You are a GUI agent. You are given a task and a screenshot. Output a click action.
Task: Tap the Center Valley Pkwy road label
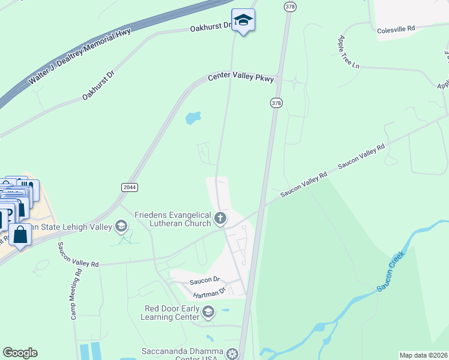pyautogui.click(x=241, y=78)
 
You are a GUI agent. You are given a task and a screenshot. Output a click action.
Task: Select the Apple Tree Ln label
pyautogui.click(x=348, y=52)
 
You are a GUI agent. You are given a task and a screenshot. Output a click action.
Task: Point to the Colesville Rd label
pyautogui.click(x=396, y=29)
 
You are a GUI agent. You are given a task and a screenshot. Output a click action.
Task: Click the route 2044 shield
pyautogui.click(x=129, y=187)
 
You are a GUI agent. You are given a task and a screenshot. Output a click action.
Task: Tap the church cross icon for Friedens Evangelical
pyautogui.click(x=220, y=218)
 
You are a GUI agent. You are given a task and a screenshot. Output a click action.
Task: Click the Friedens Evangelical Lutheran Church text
pyautogui.click(x=173, y=219)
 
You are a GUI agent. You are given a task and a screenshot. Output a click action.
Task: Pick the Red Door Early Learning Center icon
pyautogui.click(x=208, y=312)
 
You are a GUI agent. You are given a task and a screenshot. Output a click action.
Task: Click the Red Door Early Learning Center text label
pyautogui.click(x=172, y=313)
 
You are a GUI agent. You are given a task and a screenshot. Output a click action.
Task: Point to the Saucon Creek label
pyautogui.click(x=391, y=271)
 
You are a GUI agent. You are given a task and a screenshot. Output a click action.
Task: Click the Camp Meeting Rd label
pyautogui.click(x=74, y=298)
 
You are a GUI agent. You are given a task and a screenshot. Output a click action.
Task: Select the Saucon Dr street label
pyautogui.click(x=205, y=280)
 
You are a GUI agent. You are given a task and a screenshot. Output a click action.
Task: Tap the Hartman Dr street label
pyautogui.click(x=209, y=293)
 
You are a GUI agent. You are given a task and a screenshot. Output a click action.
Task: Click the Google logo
pyautogui.click(x=20, y=353)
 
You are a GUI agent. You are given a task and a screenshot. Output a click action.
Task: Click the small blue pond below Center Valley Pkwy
pyautogui.click(x=193, y=118)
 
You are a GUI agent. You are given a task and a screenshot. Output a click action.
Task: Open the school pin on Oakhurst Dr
pyautogui.click(x=243, y=22)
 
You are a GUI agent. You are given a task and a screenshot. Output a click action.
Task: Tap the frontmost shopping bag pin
pyautogui.click(x=20, y=235)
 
